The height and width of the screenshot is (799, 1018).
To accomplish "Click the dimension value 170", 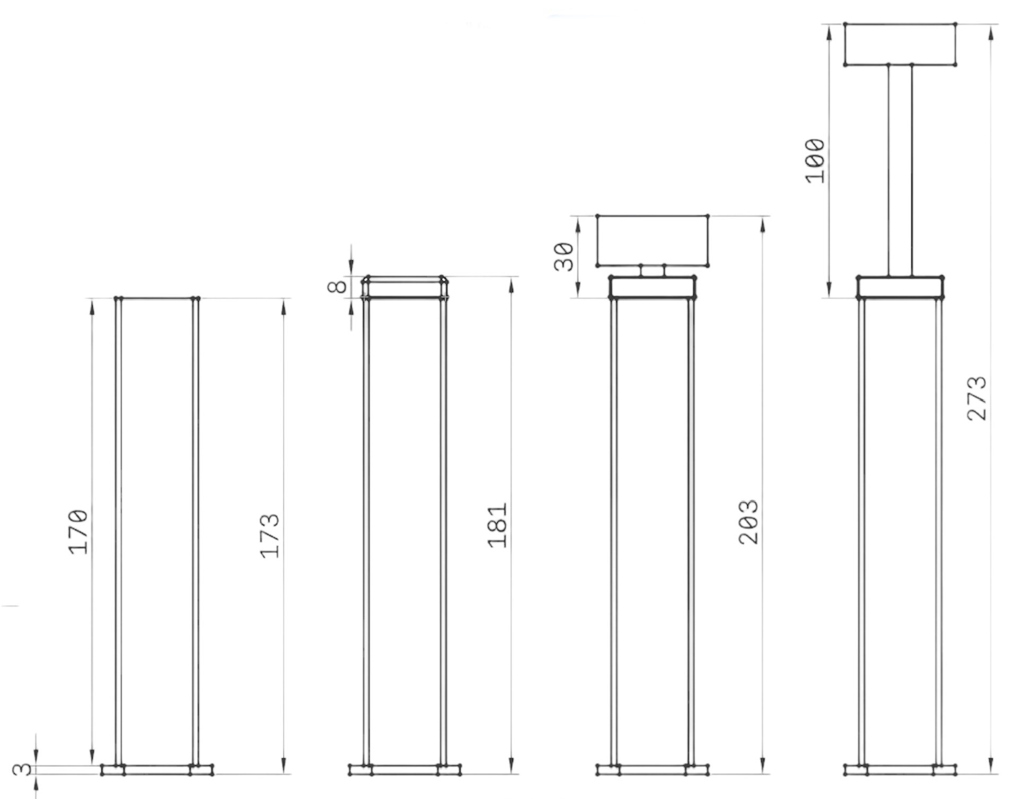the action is pyautogui.click(x=78, y=532).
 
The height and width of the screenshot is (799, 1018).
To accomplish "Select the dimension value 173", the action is pyautogui.click(x=269, y=536).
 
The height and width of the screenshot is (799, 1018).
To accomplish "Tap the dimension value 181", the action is pyautogui.click(x=497, y=525).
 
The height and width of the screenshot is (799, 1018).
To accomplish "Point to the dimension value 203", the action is pyautogui.click(x=748, y=522).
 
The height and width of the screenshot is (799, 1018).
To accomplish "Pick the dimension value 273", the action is pyautogui.click(x=976, y=398).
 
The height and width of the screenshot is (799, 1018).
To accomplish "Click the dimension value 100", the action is pyautogui.click(x=815, y=161).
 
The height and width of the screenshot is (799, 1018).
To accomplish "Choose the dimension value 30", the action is pyautogui.click(x=563, y=257).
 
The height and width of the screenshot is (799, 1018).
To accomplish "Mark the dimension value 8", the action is pyautogui.click(x=337, y=286).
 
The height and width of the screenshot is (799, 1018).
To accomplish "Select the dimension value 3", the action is pyautogui.click(x=21, y=769).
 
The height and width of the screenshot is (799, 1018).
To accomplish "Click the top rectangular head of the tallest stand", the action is pyautogui.click(x=900, y=44).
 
